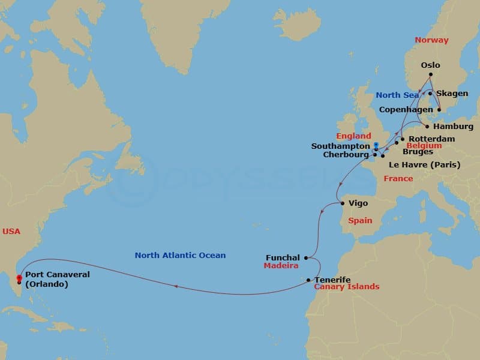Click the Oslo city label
tap(430, 65)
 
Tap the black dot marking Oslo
tap(430, 75)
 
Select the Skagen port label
tap(452, 94)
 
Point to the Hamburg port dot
tap(427, 127)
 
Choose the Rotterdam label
tap(431, 139)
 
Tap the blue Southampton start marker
tap(376, 145)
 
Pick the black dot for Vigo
tap(343, 203)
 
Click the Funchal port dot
tap(306, 258)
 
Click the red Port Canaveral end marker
tap(19, 278)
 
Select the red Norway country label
tap(431, 40)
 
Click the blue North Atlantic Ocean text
tap(180, 256)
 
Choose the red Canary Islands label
tap(347, 287)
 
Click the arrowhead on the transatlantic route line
tap(176, 287)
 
